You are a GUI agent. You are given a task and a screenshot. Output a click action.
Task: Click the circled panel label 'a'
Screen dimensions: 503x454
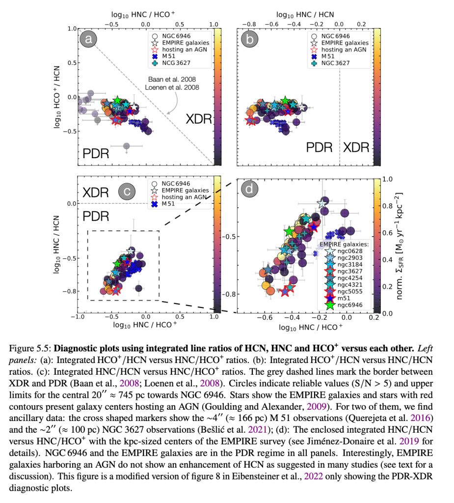88,39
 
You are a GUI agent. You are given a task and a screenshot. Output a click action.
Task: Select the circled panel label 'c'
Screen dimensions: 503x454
127,192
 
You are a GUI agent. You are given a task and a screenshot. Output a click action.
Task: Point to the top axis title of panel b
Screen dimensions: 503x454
304,15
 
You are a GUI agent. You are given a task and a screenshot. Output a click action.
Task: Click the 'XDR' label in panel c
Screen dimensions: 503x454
95,192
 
